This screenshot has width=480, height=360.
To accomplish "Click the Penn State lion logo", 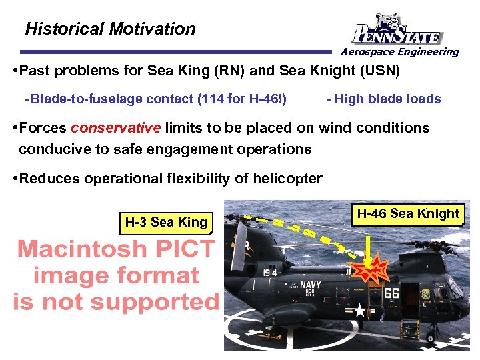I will click(397, 29).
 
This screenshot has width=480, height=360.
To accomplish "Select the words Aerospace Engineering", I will click(400, 52).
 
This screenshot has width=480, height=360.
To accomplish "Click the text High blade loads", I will click(387, 99).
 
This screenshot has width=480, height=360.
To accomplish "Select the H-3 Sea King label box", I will click(166, 223).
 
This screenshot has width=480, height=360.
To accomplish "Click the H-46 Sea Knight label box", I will click(408, 214).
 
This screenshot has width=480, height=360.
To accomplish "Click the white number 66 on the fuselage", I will click(391, 294).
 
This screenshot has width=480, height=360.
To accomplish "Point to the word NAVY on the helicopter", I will click(310, 285).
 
